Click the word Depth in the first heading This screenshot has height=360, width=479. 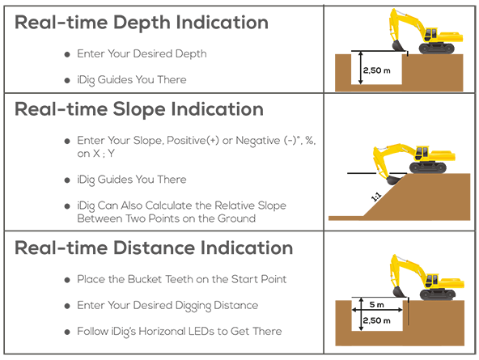[142, 23]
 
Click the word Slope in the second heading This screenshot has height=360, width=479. [139, 110]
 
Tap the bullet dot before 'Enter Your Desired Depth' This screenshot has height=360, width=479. [67, 54]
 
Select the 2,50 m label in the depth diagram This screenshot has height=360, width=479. [377, 70]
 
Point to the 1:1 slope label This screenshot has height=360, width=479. [375, 197]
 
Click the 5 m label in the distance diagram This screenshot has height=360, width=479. [376, 304]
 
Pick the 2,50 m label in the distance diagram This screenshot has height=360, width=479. [377, 320]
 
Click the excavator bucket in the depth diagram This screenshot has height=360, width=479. [398, 45]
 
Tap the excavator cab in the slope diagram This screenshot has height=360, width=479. [422, 152]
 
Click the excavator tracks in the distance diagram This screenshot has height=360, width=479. [438, 295]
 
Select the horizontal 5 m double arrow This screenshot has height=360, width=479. [377, 310]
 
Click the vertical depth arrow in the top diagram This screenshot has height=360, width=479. [361, 67]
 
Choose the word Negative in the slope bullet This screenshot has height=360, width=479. [258, 141]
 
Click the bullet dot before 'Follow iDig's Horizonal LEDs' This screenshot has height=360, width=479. [67, 332]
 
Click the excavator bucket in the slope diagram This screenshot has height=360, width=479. [393, 180]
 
